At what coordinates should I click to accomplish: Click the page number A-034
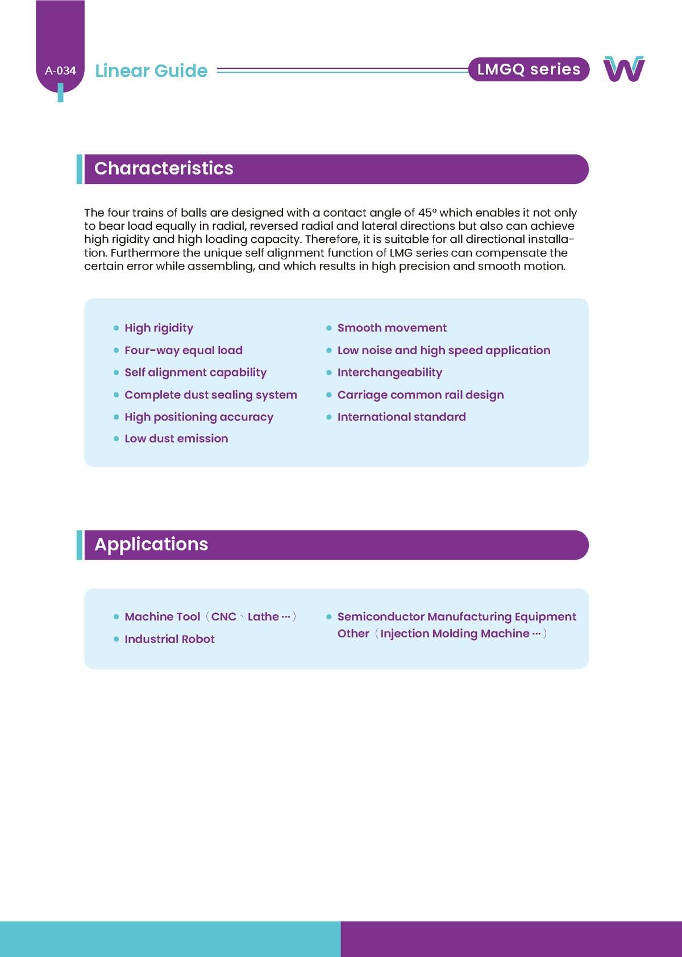(60, 71)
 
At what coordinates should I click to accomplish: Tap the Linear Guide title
(151, 71)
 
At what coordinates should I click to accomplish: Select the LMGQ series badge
(529, 69)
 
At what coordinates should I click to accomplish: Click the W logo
(624, 69)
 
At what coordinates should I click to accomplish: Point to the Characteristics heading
(164, 168)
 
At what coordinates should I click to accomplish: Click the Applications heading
(151, 544)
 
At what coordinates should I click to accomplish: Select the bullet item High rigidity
(159, 328)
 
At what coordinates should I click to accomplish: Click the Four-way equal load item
(183, 350)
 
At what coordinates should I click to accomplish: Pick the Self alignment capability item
(195, 372)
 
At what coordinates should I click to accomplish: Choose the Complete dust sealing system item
(210, 395)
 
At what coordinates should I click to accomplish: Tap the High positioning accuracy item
(198, 417)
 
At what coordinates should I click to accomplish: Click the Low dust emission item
(176, 438)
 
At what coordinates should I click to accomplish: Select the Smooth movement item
(392, 328)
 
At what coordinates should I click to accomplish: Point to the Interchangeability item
(389, 372)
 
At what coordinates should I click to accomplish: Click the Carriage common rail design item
(420, 395)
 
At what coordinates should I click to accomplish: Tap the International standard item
(401, 417)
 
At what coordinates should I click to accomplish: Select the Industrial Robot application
(169, 639)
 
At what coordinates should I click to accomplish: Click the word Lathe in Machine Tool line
(263, 617)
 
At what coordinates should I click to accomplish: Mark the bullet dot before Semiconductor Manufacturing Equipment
(329, 617)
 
